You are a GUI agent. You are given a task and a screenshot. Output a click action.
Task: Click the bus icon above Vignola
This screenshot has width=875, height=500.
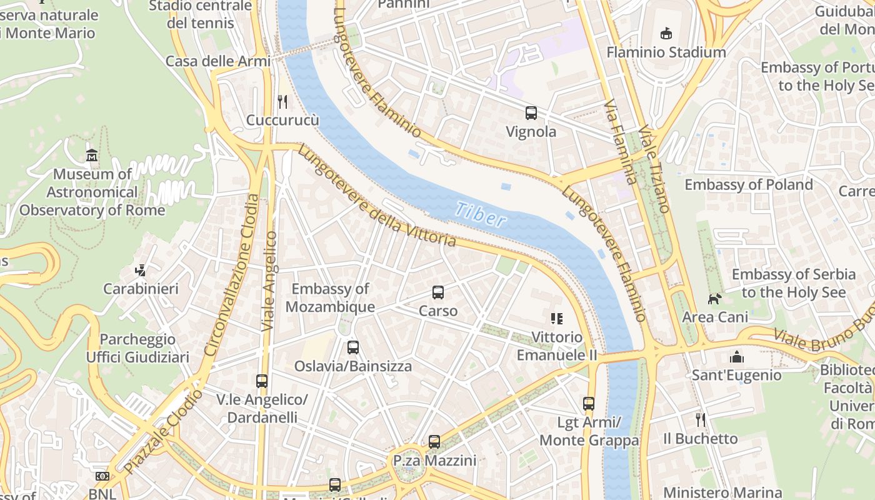[531, 113]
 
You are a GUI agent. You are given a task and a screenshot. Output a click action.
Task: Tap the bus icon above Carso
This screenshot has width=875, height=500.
[438, 292]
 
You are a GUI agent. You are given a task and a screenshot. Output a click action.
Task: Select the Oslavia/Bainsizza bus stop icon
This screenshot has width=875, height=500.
[353, 347]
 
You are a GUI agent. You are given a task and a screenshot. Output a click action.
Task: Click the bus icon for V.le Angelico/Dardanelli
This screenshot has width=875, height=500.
[262, 381]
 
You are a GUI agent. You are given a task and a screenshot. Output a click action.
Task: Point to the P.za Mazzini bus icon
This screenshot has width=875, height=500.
[434, 442]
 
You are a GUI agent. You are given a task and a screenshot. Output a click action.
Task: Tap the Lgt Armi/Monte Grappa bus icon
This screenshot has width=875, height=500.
[589, 404]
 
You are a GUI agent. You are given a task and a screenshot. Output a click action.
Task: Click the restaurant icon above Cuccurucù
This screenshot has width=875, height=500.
[282, 101]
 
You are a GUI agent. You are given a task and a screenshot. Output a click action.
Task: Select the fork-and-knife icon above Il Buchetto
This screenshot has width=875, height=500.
[701, 419]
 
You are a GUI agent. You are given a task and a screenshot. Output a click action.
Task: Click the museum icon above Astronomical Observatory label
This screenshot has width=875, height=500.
[92, 155]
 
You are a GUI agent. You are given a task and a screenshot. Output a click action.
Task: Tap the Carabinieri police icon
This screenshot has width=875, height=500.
[141, 270]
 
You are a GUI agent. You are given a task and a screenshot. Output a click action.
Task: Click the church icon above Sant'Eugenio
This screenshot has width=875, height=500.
[737, 357]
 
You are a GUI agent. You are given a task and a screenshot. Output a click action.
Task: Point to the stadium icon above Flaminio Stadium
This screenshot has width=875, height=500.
[666, 34]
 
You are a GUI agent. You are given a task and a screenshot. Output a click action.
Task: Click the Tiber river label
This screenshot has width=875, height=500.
[480, 214]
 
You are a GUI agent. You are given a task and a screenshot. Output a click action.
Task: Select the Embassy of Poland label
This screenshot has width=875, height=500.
[748, 184]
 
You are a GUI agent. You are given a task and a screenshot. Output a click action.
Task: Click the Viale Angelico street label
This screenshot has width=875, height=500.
[269, 281]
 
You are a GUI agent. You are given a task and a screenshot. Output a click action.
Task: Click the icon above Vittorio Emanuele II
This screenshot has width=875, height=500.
[556, 319]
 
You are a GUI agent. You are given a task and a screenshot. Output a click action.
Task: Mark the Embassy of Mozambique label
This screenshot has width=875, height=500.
[330, 297]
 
